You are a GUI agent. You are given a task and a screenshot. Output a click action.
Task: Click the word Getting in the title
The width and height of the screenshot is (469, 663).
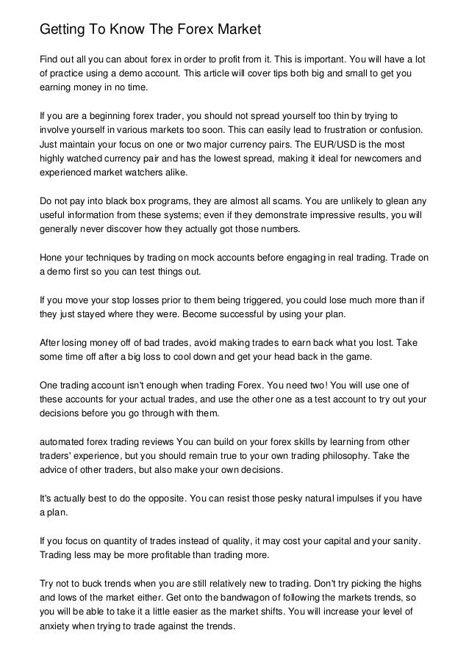(63, 31)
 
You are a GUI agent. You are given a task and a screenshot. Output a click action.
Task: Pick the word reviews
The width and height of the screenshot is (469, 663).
(152, 442)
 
